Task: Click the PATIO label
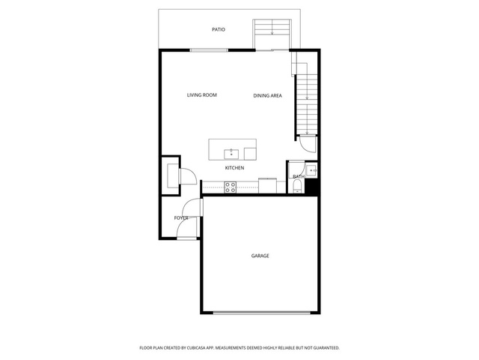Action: [219, 30]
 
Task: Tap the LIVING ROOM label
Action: [202, 95]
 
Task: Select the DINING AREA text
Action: [268, 96]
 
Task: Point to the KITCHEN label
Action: [234, 168]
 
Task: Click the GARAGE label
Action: [260, 256]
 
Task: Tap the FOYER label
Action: [181, 218]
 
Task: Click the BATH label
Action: [299, 177]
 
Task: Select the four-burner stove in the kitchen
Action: [230, 187]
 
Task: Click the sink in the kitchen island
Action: [231, 154]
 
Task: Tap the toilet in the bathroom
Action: [297, 187]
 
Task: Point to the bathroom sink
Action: [311, 170]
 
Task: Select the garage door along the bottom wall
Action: [261, 313]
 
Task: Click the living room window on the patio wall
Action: [209, 50]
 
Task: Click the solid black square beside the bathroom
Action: [312, 186]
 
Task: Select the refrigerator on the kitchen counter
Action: [268, 185]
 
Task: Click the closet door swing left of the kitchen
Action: [188, 178]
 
